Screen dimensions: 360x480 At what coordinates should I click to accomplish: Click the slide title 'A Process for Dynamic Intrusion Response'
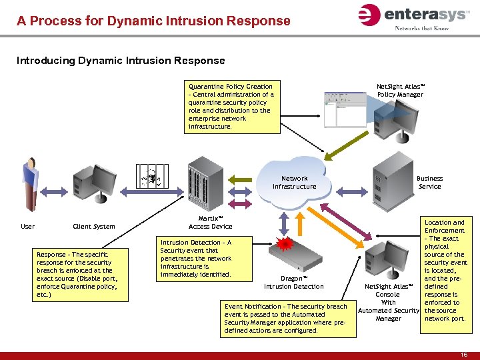click(153, 21)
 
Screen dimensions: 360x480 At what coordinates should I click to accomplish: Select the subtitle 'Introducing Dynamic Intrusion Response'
click(121, 61)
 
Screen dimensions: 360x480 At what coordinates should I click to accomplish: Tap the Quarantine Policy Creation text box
click(231, 106)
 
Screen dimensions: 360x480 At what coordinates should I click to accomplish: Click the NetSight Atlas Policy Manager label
click(400, 90)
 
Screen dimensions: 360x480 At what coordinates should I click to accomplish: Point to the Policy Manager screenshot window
click(347, 111)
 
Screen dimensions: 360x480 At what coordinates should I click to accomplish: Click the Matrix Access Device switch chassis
click(205, 185)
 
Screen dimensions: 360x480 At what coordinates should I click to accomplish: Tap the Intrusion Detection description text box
click(197, 259)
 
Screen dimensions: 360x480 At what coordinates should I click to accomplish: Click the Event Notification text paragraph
click(287, 318)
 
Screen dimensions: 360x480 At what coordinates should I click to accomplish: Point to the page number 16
click(463, 355)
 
